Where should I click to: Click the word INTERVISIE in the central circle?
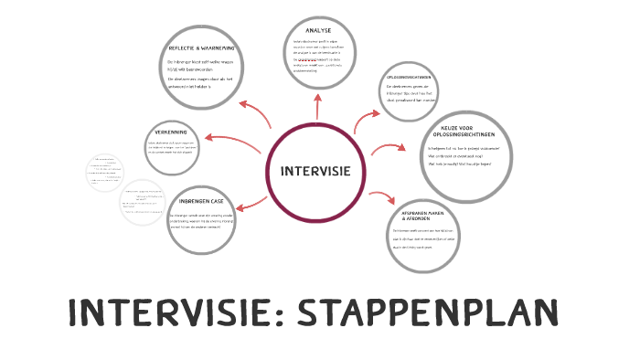pos(321,172)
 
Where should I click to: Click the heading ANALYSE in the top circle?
pos(319,30)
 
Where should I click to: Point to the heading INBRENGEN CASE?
pos(201,201)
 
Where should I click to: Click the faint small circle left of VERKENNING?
pos(105,174)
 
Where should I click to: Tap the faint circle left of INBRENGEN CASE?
pos(145,201)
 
